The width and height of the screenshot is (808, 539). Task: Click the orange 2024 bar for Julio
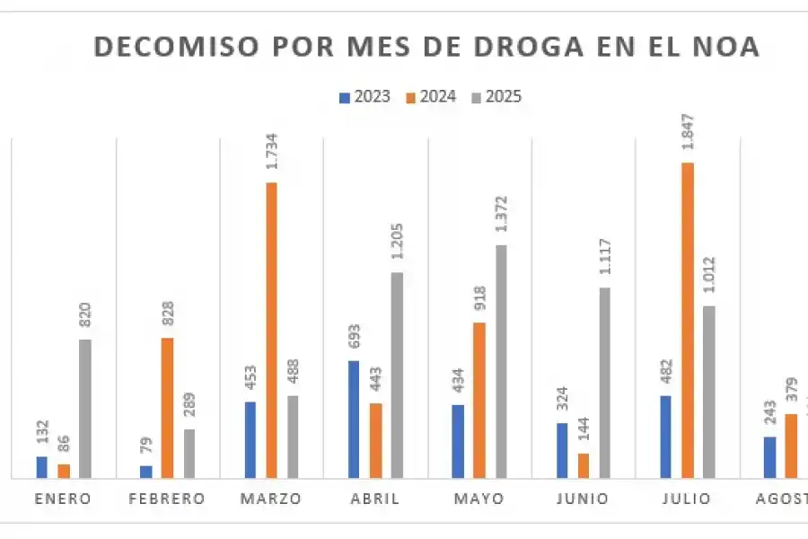688,320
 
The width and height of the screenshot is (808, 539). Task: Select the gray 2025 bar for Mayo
501,361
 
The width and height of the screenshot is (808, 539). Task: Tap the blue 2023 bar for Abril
354,419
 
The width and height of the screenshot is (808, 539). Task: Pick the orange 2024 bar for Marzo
271,330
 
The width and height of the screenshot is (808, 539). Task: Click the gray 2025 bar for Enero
85,408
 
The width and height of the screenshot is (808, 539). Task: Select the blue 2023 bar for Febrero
146,472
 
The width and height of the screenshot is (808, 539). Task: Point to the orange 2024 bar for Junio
584,465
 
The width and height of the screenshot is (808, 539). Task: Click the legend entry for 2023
365,97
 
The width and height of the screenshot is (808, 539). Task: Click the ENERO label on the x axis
63,499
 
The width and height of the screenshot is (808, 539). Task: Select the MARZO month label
270,499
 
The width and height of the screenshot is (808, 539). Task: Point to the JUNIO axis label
583,499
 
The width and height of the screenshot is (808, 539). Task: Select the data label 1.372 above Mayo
501,216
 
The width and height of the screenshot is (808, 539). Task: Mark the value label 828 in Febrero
168,314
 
